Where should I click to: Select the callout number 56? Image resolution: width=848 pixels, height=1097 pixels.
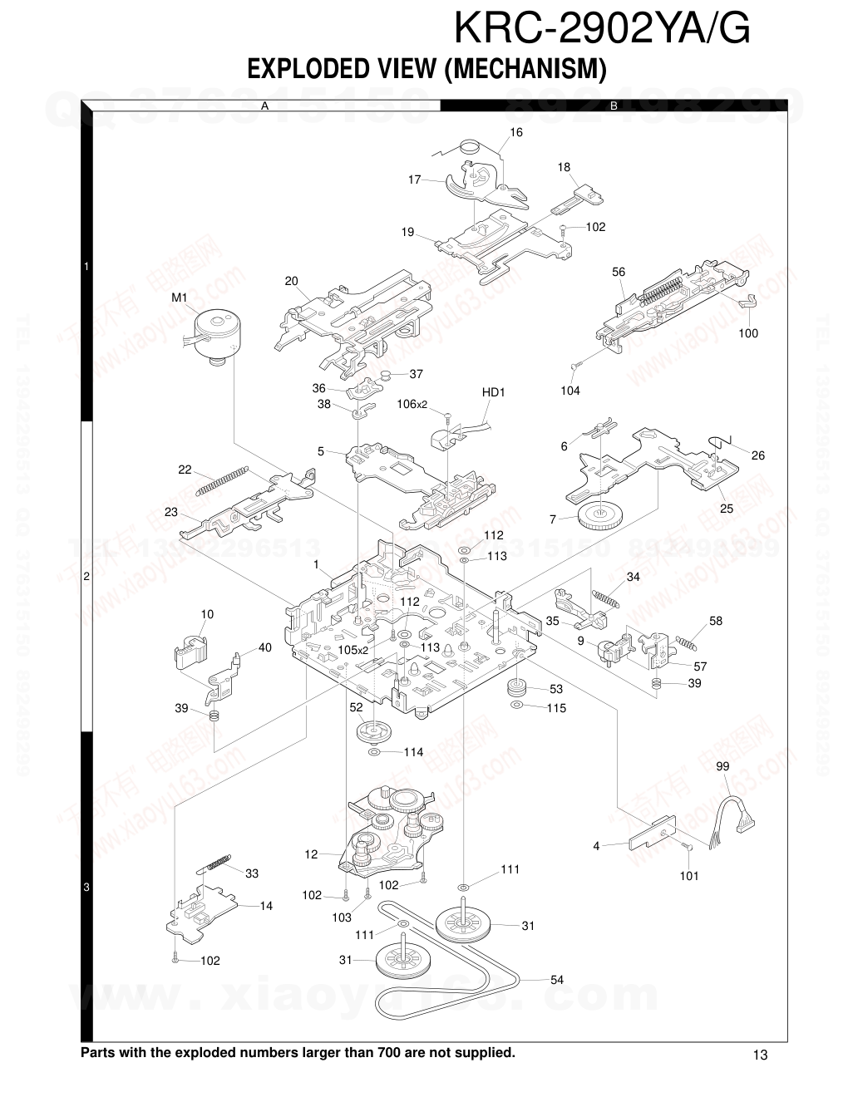[619, 273]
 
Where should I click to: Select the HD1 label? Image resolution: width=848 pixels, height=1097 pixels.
[494, 392]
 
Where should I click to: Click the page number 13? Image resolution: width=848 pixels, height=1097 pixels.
[760, 1055]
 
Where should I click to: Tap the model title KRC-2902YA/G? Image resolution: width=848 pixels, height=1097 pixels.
[602, 29]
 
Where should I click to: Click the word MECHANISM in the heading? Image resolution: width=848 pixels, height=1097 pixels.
[522, 69]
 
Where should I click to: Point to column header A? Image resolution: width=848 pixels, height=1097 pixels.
[264, 106]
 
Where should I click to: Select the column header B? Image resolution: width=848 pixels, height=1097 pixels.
[614, 106]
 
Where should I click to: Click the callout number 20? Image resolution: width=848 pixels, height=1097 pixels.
[291, 282]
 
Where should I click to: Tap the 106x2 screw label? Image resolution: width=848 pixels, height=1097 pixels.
[412, 405]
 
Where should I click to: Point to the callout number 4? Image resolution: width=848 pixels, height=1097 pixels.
[596, 846]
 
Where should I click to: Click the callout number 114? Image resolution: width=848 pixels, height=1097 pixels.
[413, 752]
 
